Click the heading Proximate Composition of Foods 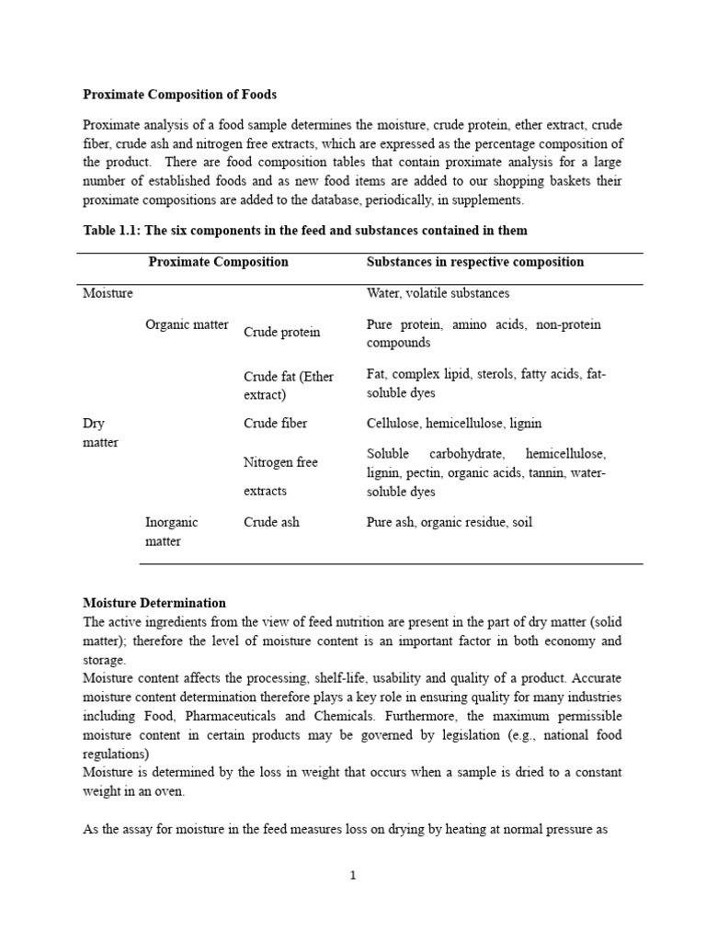pyautogui.click(x=179, y=94)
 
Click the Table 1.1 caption pyautogui.click(x=305, y=229)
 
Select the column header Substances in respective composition pyautogui.click(x=474, y=262)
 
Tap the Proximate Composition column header pyautogui.click(x=218, y=262)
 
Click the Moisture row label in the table pyautogui.click(x=108, y=293)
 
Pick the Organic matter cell pyautogui.click(x=187, y=324)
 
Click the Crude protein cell pyautogui.click(x=281, y=333)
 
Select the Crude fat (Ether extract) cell pyautogui.click(x=288, y=385)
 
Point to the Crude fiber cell pyautogui.click(x=275, y=424)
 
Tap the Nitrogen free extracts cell pyautogui.click(x=280, y=476)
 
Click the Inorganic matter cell pyautogui.click(x=171, y=531)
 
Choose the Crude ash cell pyautogui.click(x=271, y=522)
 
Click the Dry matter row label pyautogui.click(x=100, y=433)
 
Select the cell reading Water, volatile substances pyautogui.click(x=438, y=293)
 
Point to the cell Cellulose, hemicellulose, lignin pyautogui.click(x=453, y=424)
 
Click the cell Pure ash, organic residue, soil pyautogui.click(x=449, y=522)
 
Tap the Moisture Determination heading pyautogui.click(x=154, y=603)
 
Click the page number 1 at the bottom pyautogui.click(x=352, y=876)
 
